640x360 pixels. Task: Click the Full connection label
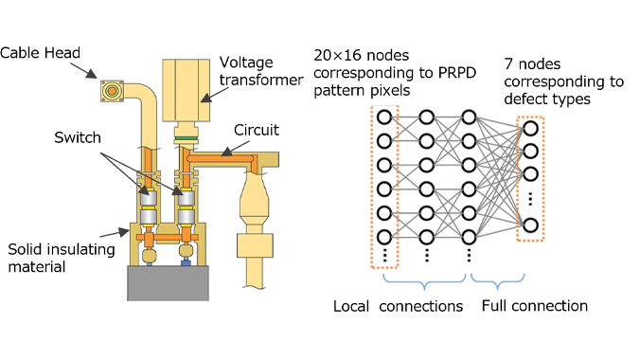pos(534,306)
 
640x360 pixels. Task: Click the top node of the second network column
pos(426,118)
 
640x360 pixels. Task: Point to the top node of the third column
pos(468,118)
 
